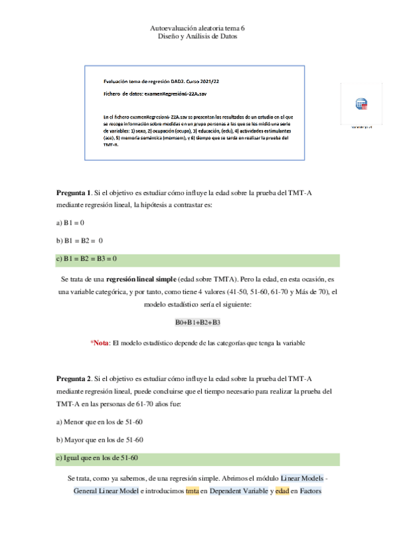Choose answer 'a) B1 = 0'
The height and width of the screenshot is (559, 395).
(70, 223)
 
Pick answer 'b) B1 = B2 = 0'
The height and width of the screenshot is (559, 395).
(80, 241)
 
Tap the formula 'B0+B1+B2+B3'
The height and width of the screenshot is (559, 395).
(197, 322)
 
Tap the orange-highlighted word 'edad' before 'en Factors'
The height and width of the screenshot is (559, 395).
(283, 491)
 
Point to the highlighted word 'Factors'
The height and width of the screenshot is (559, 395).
(310, 491)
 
